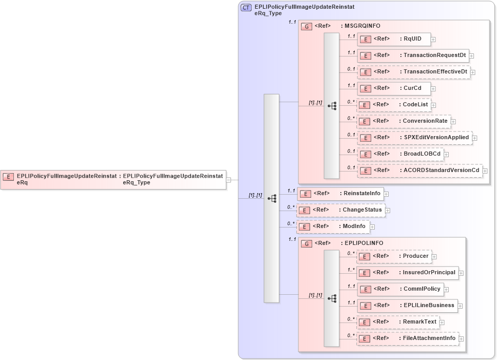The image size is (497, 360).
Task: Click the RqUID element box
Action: pos(393,39)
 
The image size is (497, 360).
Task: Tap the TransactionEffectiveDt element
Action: pos(414,72)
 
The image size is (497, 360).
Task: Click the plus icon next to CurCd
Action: pos(433,89)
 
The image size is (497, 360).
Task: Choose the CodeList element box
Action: pos(393,105)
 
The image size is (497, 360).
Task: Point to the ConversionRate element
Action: pos(403,121)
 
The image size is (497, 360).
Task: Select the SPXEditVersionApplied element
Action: pos(414,138)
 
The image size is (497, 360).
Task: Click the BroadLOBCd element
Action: pos(400,154)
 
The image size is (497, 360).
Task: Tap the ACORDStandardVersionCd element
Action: pos(419,170)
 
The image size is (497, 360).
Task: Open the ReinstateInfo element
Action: pos(341,194)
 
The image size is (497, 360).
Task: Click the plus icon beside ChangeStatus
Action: pos(388,211)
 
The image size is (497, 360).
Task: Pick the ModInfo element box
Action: pos(333,226)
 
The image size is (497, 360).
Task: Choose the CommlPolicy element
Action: pos(400,289)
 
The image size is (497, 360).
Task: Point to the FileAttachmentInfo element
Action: pos(408,338)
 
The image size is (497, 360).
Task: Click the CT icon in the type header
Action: pos(246,8)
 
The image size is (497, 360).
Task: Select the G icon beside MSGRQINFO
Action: pos(307,26)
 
